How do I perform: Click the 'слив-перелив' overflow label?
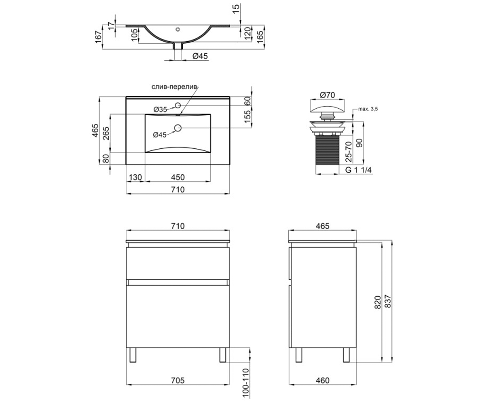click(174, 87)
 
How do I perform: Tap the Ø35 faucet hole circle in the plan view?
click(178, 105)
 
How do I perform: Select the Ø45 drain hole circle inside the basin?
click(178, 128)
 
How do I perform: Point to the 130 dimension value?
click(135, 177)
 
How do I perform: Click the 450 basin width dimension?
click(178, 177)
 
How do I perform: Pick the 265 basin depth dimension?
click(106, 133)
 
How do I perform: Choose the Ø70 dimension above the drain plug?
click(327, 95)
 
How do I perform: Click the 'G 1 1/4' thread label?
click(359, 170)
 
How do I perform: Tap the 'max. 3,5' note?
click(368, 109)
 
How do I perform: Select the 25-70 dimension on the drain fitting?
click(349, 152)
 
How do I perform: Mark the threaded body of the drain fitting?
click(327, 150)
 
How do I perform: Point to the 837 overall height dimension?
click(388, 301)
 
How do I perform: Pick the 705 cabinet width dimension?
click(178, 380)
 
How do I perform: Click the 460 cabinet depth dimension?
click(323, 380)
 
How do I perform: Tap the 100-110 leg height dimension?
click(246, 383)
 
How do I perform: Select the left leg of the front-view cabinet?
click(133, 355)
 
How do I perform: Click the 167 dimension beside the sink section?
click(98, 37)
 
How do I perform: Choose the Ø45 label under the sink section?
click(200, 56)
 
